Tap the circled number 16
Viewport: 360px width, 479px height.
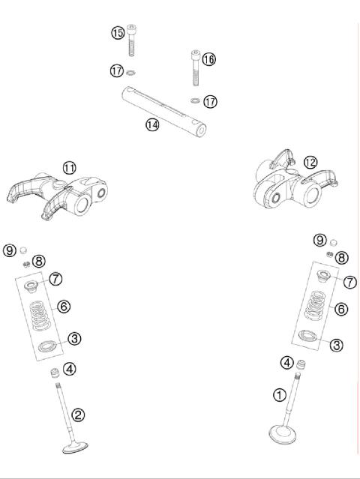tap(208, 58)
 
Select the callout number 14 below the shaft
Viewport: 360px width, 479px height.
tap(152, 124)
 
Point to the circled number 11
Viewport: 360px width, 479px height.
tap(69, 168)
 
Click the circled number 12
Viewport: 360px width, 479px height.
tap(310, 161)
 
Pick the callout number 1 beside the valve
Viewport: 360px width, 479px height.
tap(279, 394)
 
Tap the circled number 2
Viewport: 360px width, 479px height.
tap(77, 414)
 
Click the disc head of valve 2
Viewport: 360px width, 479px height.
tap(76, 448)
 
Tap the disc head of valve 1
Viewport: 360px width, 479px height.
tap(286, 433)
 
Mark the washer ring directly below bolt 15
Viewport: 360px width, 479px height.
tap(132, 73)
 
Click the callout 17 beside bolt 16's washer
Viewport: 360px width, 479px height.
tap(211, 100)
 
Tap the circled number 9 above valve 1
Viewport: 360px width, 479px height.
tap(319, 240)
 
